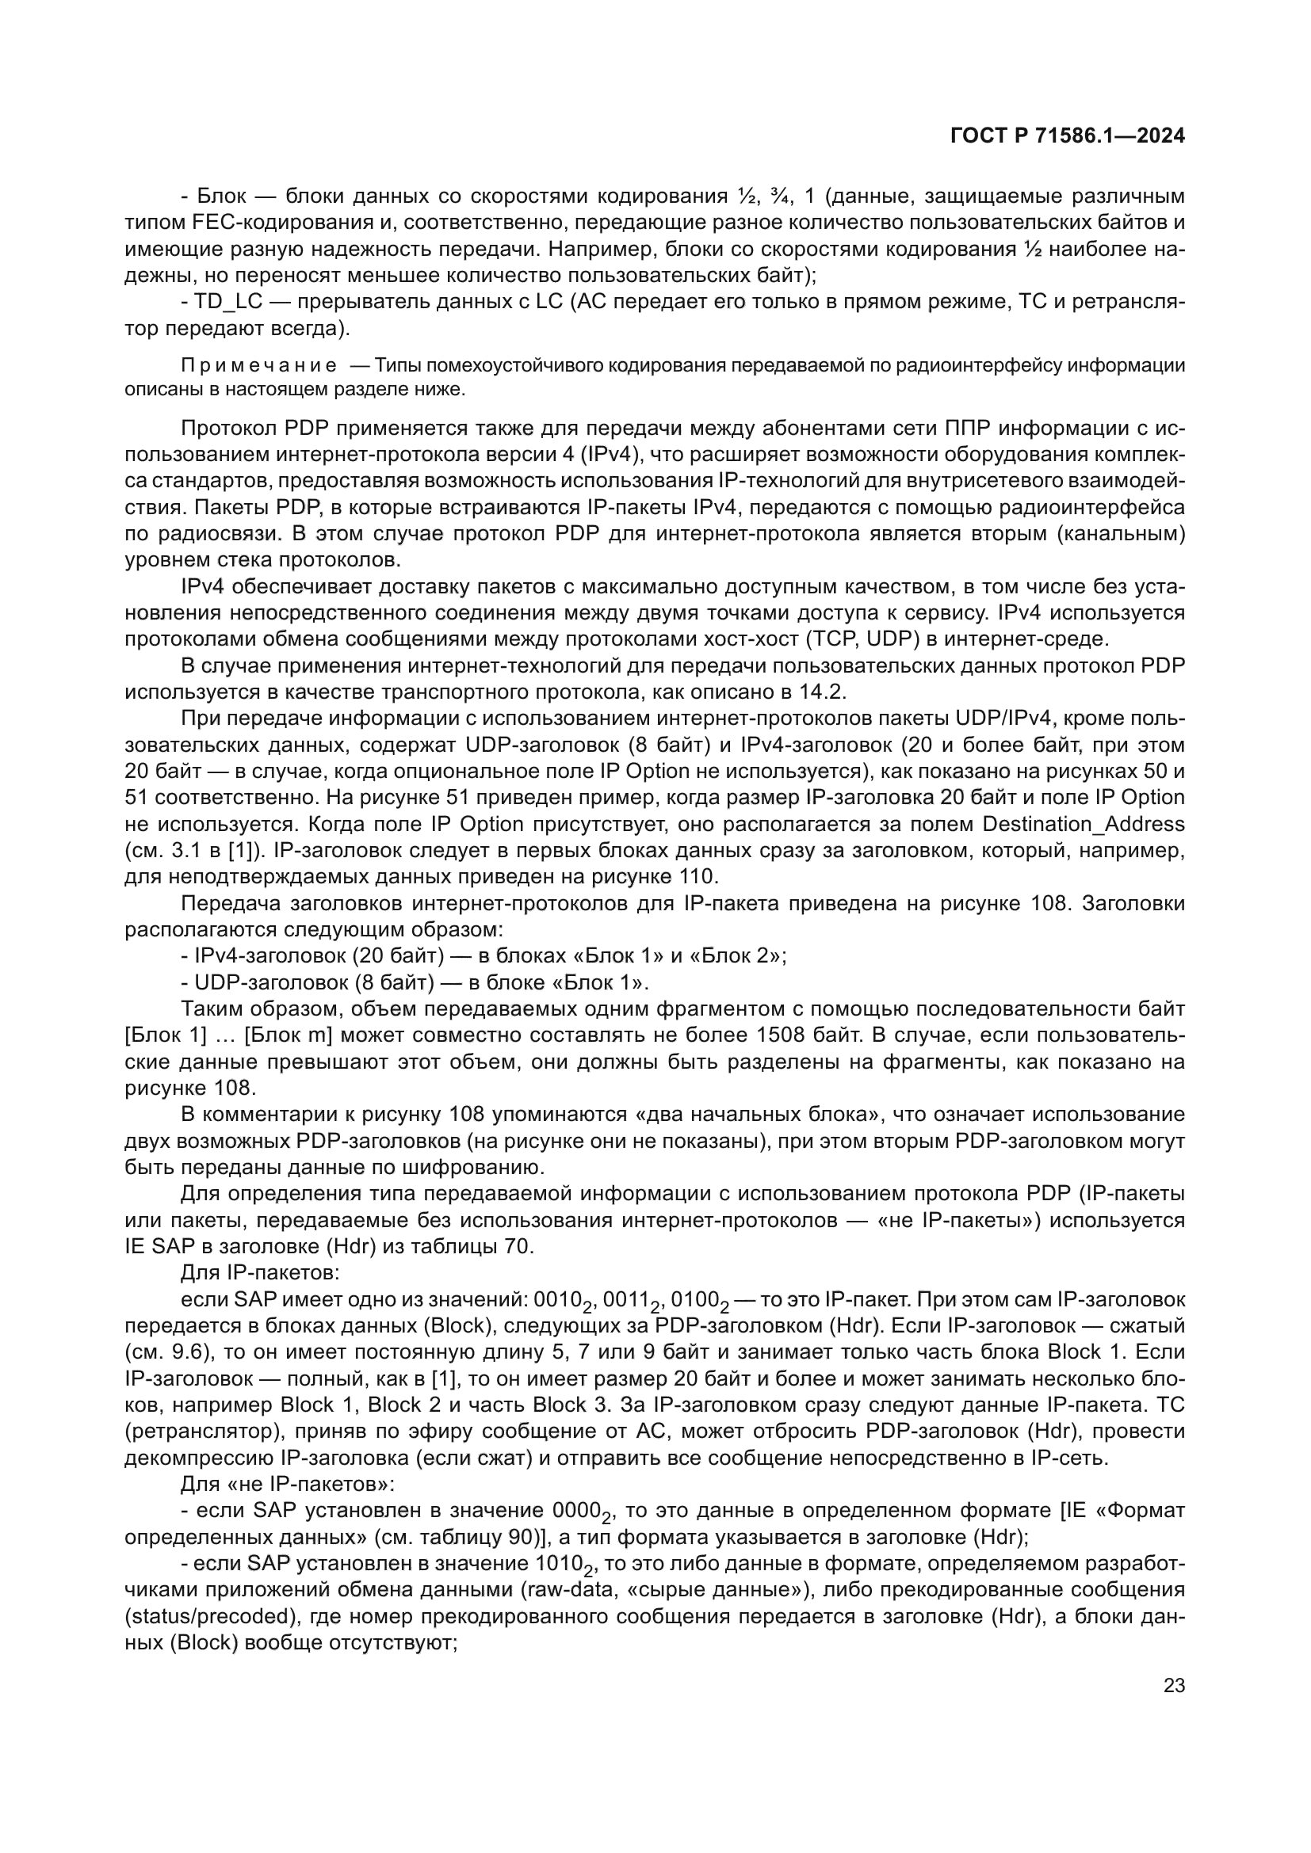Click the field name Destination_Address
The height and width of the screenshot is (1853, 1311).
1084,824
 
